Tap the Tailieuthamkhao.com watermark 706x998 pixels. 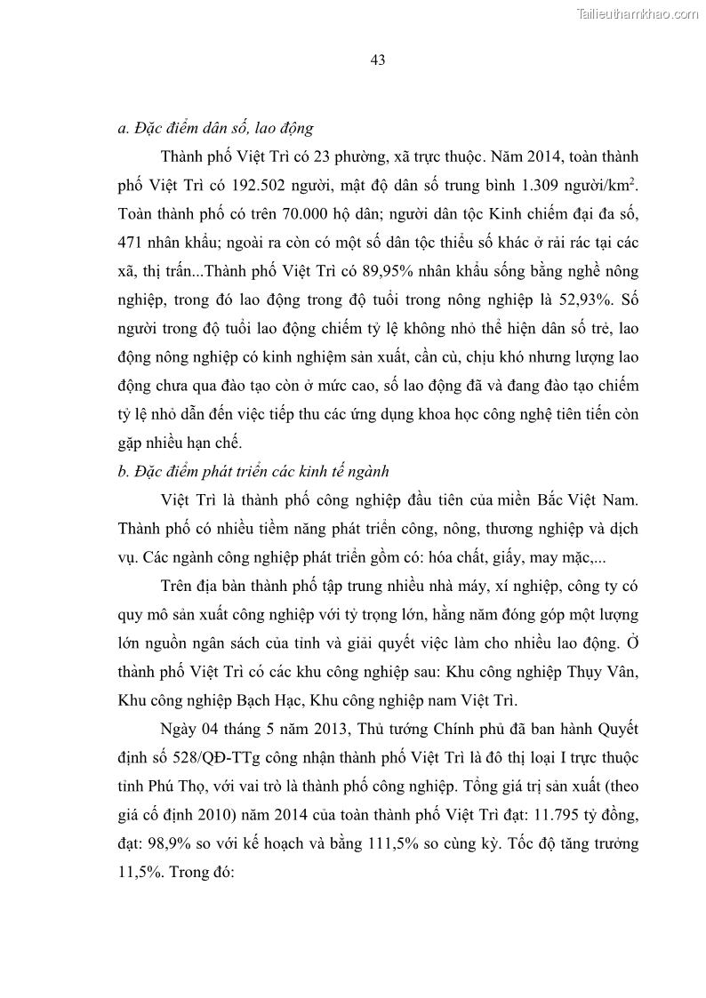click(638, 13)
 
